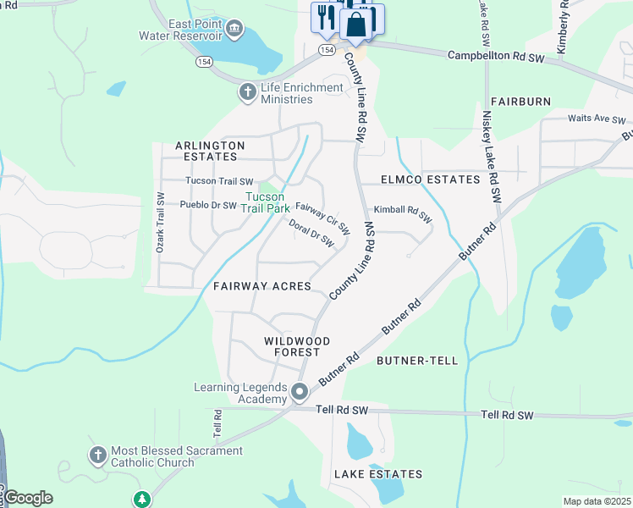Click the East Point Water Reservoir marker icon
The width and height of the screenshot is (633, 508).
(234, 30)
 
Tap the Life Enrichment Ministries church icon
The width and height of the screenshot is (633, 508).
(247, 92)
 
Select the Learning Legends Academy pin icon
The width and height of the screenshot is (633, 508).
(299, 392)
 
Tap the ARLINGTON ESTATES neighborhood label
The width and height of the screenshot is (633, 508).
(210, 151)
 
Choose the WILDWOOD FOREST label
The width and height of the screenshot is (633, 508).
(292, 345)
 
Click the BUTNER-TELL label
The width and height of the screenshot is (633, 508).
(416, 361)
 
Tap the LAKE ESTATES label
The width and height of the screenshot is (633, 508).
(377, 474)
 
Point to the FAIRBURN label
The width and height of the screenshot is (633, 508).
(520, 102)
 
